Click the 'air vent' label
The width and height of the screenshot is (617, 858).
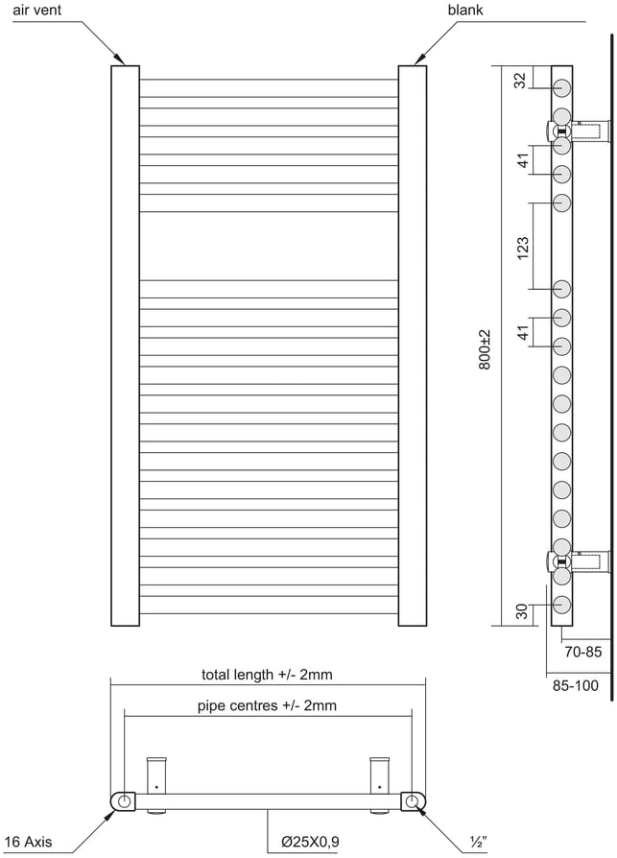(37, 10)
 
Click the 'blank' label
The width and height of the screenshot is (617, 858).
(465, 10)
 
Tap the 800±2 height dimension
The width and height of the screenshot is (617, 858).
(486, 349)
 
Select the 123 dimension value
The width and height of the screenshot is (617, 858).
(523, 248)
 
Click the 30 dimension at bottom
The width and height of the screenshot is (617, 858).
(522, 611)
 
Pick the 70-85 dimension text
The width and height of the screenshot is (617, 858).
(583, 652)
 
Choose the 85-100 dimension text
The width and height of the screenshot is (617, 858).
(576, 685)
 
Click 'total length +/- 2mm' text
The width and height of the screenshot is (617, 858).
(267, 674)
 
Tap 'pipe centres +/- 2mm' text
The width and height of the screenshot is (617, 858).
(267, 705)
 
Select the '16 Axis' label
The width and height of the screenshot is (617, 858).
(29, 841)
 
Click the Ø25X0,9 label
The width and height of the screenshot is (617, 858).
(310, 841)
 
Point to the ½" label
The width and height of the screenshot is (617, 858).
(478, 842)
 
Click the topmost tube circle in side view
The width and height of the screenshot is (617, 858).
(561, 88)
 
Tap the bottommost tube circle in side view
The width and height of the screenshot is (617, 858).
(561, 605)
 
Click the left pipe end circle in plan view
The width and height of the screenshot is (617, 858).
(125, 801)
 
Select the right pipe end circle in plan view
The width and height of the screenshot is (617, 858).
(412, 801)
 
